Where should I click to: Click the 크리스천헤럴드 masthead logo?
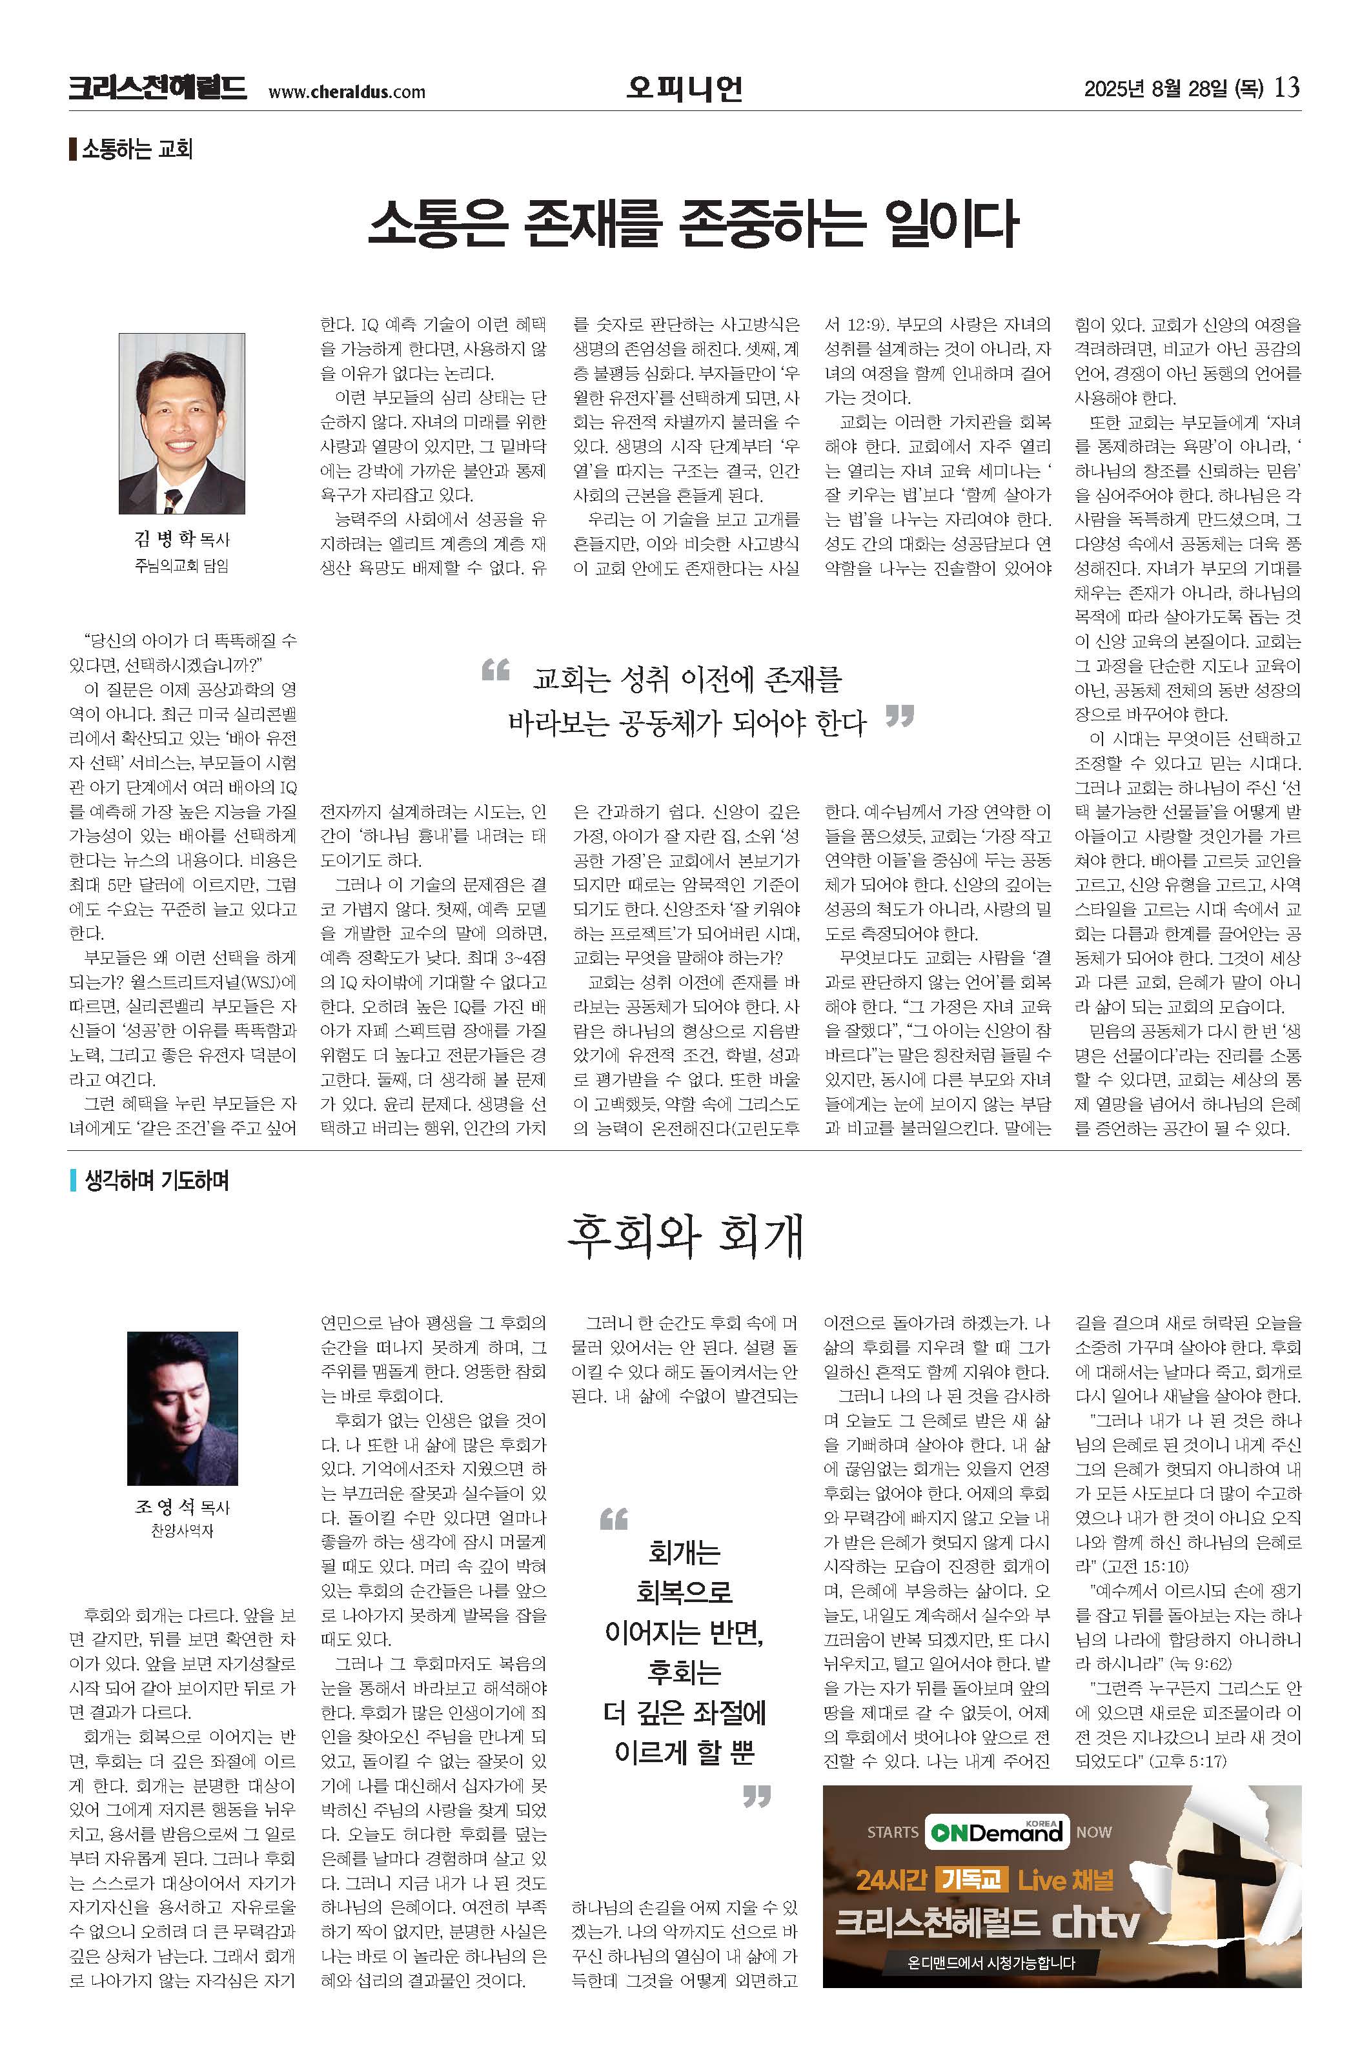pos(157,88)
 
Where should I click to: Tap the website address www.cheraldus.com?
pos(346,92)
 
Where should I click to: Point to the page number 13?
pos(1287,87)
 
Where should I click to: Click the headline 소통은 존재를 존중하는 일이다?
pos(693,224)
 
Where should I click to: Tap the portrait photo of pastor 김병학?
pos(182,423)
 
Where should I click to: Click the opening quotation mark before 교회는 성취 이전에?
pos(496,671)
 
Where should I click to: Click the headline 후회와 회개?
pos(685,1237)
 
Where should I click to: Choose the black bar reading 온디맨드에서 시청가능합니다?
pos(991,1963)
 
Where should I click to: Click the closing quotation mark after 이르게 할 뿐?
pos(757,1798)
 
